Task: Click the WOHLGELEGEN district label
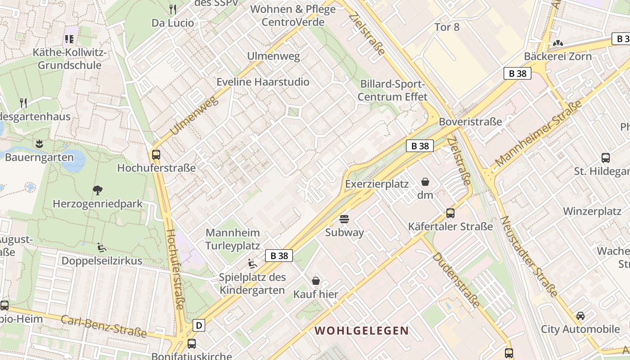pos(361,331)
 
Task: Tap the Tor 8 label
pos(447,27)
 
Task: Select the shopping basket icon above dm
pos(425,182)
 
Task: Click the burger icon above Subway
pos(344,219)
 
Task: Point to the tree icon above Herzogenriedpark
pos(97,190)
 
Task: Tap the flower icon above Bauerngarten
pos(39,144)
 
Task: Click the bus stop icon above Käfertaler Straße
pos(450,213)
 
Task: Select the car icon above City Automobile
pos(580,315)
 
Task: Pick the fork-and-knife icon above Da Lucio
pos(172,9)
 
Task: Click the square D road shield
pos(199,325)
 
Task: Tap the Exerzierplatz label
pos(377,184)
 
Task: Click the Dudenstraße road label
pos(456,280)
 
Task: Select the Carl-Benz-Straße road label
pos(103,326)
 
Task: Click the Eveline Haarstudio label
pos(263,82)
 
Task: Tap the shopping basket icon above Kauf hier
pos(316,281)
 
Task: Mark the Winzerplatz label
pos(592,211)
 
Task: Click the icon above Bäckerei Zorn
pos(558,43)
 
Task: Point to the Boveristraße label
pos(470,121)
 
